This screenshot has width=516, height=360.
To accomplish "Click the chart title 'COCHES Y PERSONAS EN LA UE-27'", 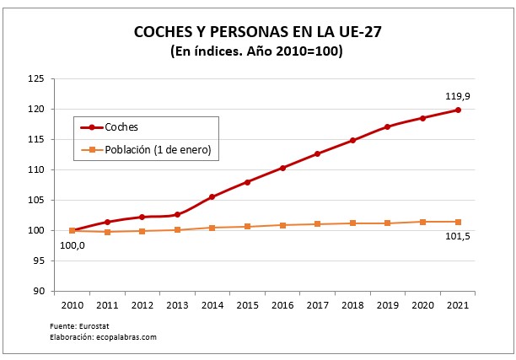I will (257, 33).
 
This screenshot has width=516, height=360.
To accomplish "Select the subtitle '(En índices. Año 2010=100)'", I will (257, 52).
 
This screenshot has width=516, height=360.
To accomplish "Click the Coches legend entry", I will (121, 127).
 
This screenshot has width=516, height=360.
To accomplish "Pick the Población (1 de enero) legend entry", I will (157, 151).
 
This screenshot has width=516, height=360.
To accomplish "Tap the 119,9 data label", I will (456, 96).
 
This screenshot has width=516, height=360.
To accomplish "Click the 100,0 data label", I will (72, 245).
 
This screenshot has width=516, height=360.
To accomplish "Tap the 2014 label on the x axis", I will (212, 305).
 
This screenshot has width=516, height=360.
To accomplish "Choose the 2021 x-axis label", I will (457, 305).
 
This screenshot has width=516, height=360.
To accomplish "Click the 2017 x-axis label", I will (317, 305).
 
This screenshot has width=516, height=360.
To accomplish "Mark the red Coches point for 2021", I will (457, 110).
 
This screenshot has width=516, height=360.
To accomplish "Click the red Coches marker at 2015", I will (247, 182).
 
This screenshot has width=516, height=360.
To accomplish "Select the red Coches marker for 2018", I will (352, 141).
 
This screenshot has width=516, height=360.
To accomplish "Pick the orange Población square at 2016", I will (282, 225).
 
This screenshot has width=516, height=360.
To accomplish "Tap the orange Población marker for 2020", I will (422, 222).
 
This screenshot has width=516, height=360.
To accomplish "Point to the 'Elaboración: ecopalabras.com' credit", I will (104, 337).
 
